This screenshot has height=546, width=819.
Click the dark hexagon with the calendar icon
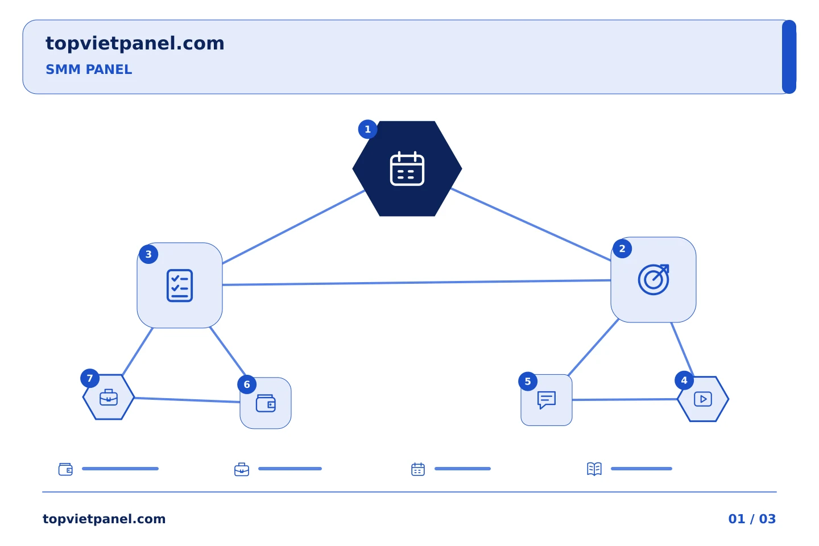[407, 168]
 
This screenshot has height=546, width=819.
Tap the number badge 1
[367, 129]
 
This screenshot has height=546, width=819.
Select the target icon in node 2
[653, 279]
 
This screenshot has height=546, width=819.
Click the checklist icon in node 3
[180, 286]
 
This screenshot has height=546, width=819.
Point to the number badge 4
[684, 380]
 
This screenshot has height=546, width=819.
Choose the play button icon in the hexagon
[703, 399]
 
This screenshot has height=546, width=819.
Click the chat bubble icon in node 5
[547, 400]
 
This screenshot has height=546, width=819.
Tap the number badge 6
[247, 384]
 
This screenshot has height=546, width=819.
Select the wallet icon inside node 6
[266, 403]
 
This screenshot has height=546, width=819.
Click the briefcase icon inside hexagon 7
[109, 397]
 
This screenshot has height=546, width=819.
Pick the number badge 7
[90, 378]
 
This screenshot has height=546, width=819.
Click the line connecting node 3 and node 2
[416, 282]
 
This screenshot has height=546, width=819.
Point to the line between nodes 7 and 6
[187, 400]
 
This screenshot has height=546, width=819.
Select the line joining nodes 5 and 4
[625, 399]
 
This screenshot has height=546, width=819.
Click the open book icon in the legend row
[594, 469]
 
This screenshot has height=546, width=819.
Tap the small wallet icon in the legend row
[65, 469]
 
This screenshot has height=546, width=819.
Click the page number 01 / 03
[752, 519]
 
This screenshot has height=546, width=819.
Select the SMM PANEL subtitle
[89, 69]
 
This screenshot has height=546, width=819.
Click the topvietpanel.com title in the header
[135, 44]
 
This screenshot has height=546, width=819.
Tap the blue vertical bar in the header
[789, 57]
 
